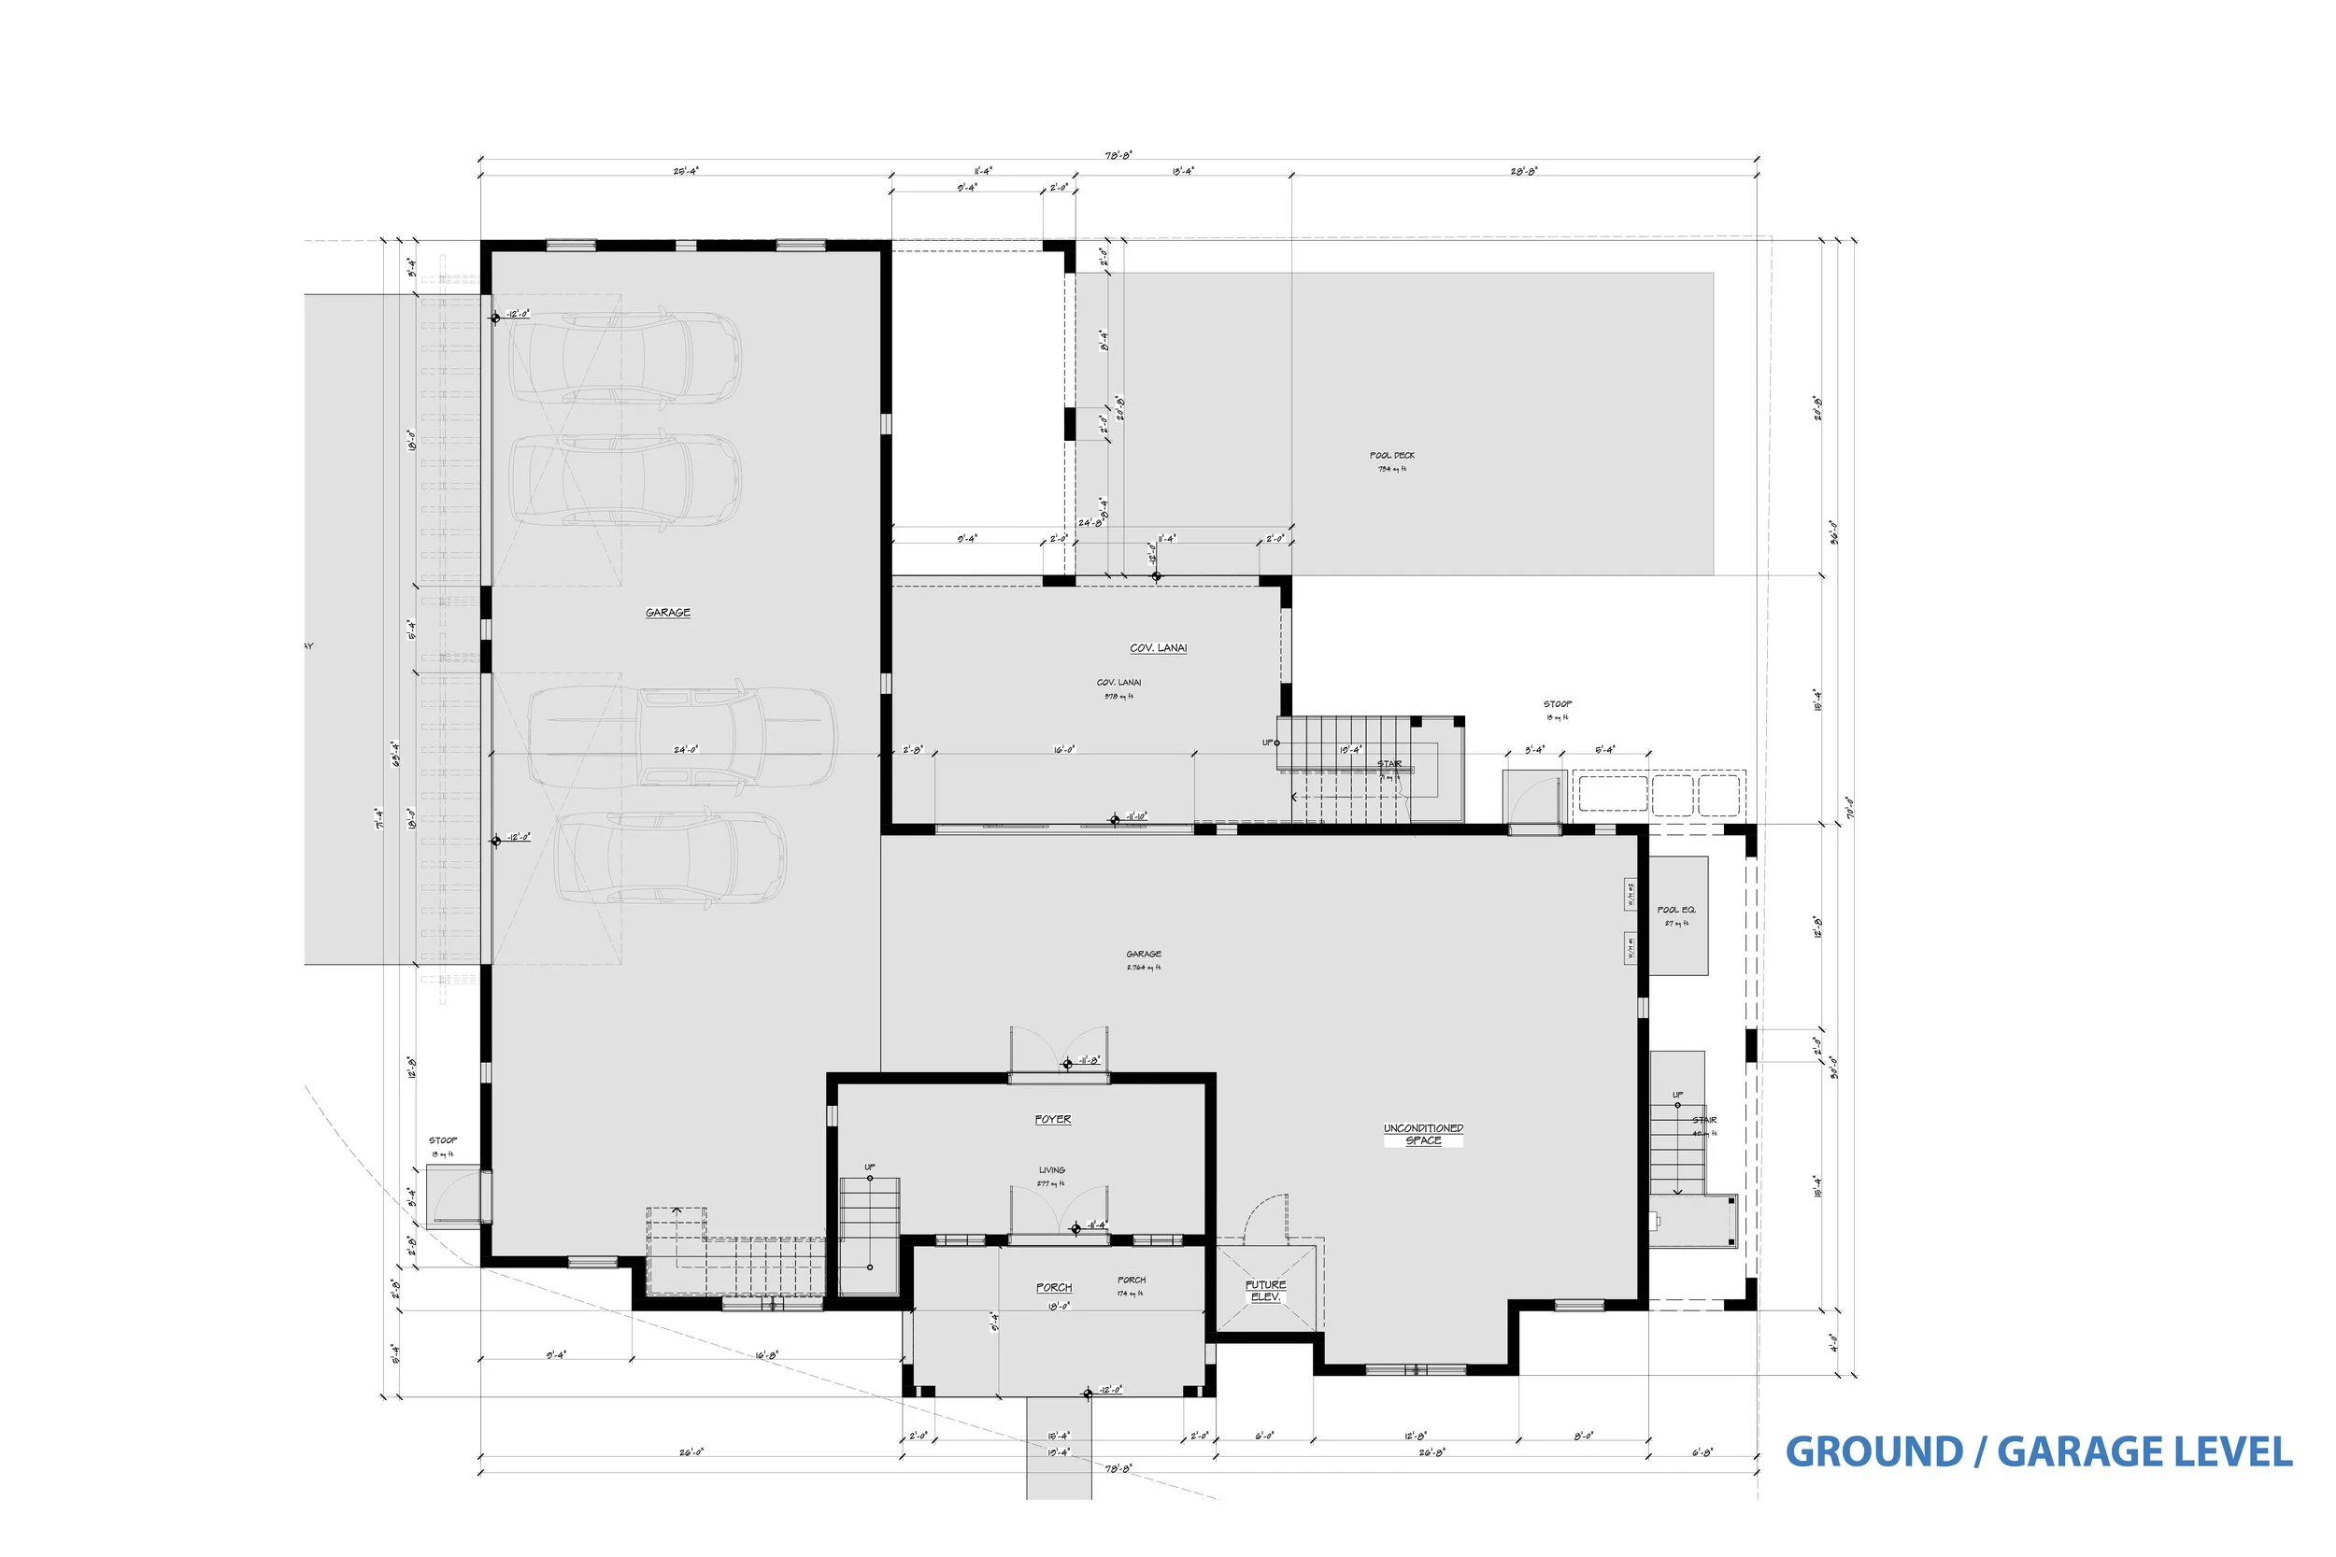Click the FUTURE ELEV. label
click(1265, 1291)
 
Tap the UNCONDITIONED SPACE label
click(1423, 1134)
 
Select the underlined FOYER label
click(1053, 1119)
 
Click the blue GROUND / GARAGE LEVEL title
click(2038, 1451)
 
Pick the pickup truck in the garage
click(682, 736)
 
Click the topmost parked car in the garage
click(626, 358)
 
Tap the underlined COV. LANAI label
click(1158, 648)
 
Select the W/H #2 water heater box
click(1630, 894)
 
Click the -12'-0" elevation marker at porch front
click(1089, 1394)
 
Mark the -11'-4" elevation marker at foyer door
click(1075, 1228)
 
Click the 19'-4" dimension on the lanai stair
click(1350, 750)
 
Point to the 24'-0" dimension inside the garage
click(685, 750)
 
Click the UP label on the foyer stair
click(869, 1167)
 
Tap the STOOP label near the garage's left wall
click(443, 1141)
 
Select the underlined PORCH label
click(1054, 1287)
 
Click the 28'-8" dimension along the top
click(1524, 171)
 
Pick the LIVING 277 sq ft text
click(1052, 1176)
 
